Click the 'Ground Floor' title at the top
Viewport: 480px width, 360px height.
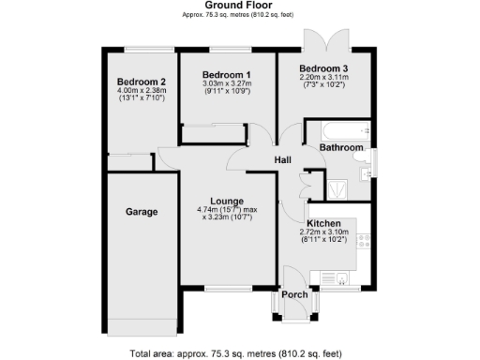pyautogui.click(x=240, y=5)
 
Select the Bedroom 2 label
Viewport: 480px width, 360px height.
pyautogui.click(x=136, y=82)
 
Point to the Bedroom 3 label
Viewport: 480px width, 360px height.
pyautogui.click(x=323, y=68)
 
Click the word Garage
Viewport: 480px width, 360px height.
pyautogui.click(x=142, y=212)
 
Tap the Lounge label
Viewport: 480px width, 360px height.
pyautogui.click(x=227, y=201)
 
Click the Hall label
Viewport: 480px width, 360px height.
pyautogui.click(x=282, y=160)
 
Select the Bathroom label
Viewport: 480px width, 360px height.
pyautogui.click(x=340, y=147)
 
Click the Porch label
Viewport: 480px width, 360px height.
pyautogui.click(x=295, y=294)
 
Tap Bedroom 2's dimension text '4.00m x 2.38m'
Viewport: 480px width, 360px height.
pyautogui.click(x=136, y=90)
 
